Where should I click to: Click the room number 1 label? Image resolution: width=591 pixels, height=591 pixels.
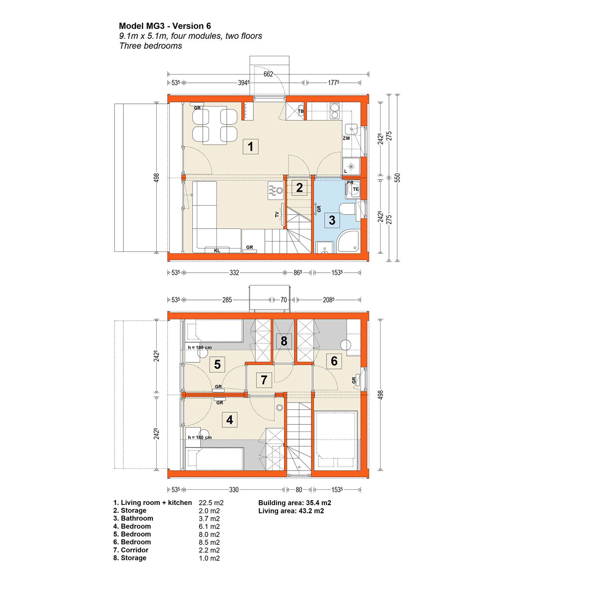point(250,147)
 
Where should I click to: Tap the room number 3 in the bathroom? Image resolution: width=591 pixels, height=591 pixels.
point(332,220)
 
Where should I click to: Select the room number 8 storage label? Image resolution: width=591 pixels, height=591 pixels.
point(284,341)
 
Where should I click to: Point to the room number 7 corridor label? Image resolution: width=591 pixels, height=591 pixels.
point(264,380)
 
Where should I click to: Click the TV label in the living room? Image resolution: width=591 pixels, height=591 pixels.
point(277,214)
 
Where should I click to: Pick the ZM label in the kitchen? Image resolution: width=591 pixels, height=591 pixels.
point(346,138)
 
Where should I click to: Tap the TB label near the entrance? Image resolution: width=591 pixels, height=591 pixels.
point(301,111)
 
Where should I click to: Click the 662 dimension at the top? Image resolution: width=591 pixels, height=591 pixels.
point(268,74)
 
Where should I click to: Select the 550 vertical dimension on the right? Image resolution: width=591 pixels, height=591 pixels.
point(397,178)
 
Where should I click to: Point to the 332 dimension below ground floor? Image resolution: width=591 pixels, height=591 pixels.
point(234,273)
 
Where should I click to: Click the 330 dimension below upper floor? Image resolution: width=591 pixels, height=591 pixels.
point(234,490)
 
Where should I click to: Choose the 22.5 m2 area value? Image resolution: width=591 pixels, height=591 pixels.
point(211,503)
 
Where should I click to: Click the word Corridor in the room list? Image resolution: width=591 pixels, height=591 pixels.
point(134,550)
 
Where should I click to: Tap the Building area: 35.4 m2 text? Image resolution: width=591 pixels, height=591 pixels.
point(295,503)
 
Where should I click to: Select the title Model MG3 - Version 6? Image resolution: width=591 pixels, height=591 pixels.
point(165,26)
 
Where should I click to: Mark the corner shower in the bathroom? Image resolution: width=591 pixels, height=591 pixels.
point(348,242)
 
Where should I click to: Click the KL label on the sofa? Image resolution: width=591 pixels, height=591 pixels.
point(217,250)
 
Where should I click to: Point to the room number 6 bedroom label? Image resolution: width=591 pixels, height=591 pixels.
point(334,361)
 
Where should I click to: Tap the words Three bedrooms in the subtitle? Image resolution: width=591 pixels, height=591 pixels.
point(151,46)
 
